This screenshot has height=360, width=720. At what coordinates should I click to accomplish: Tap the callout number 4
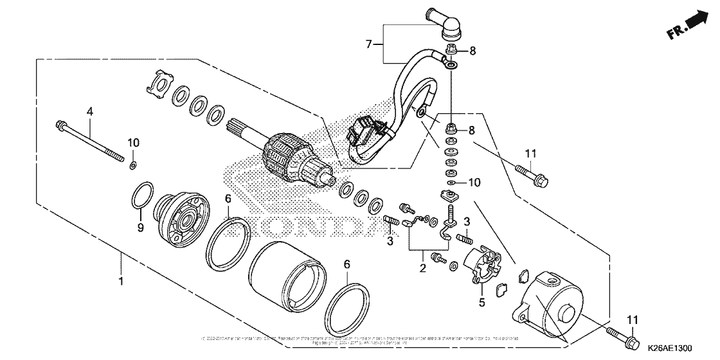pyautogui.click(x=90, y=111)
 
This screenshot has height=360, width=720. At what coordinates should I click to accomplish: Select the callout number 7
pyautogui.click(x=369, y=44)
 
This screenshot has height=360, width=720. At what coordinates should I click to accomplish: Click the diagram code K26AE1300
pyautogui.click(x=667, y=348)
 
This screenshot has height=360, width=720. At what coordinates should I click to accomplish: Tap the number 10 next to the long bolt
pyautogui.click(x=132, y=141)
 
